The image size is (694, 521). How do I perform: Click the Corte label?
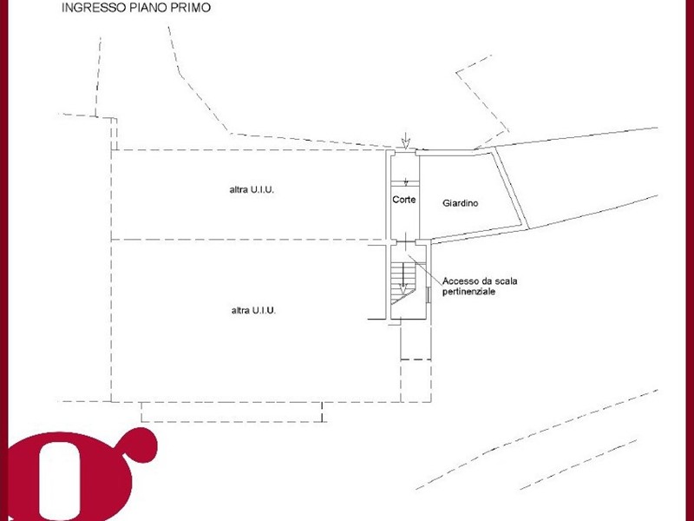404,200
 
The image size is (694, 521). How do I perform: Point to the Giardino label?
461,203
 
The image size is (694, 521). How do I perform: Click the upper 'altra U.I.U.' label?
252,189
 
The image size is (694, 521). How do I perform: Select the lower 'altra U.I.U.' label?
253,311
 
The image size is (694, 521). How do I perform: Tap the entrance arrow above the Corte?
406,140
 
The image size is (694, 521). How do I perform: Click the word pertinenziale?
468,292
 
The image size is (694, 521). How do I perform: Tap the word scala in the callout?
506,281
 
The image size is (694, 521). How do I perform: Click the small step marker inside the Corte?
406,182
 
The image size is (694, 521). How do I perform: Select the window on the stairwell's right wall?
428,295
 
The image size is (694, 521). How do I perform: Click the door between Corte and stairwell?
406,242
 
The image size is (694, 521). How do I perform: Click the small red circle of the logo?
141,445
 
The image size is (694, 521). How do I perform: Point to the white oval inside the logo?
61,481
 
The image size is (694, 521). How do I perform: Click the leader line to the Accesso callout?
425,269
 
